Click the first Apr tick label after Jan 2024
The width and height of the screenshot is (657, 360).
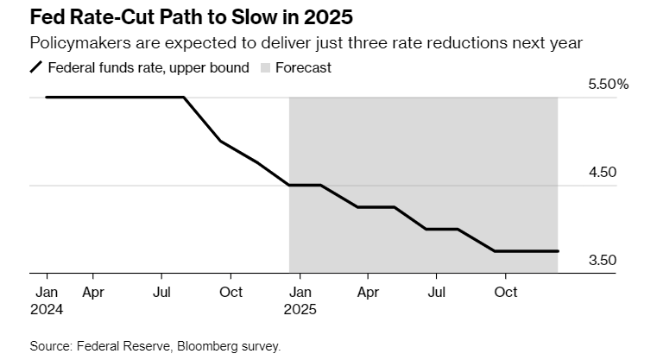pyautogui.click(x=93, y=292)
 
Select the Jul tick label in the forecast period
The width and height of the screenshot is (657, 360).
pyautogui.click(x=437, y=292)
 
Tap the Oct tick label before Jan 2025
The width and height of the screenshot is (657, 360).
pyautogui.click(x=230, y=292)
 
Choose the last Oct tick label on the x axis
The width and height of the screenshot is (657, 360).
pyautogui.click(x=505, y=292)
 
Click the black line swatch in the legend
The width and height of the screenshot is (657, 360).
pyautogui.click(x=36, y=67)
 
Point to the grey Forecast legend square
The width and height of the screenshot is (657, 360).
pyautogui.click(x=264, y=67)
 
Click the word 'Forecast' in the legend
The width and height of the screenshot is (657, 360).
pyautogui.click(x=303, y=67)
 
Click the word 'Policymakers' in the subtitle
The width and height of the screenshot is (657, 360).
pyautogui.click(x=73, y=43)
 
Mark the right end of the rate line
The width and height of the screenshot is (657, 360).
pyautogui.click(x=559, y=251)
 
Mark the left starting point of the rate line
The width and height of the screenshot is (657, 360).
pyautogui.click(x=46, y=98)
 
